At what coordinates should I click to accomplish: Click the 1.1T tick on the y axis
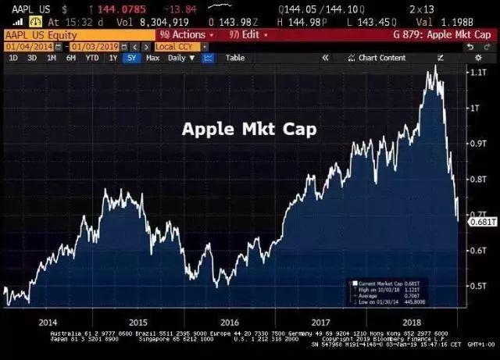(477, 72)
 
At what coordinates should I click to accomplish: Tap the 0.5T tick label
(477, 285)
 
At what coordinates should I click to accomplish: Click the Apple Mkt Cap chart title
(248, 129)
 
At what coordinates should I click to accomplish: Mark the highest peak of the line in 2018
(434, 67)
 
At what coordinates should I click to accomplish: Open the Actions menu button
(187, 34)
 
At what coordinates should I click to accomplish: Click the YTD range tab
(91, 58)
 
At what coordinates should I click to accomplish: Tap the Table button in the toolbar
(234, 58)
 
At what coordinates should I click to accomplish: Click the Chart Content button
(378, 58)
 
